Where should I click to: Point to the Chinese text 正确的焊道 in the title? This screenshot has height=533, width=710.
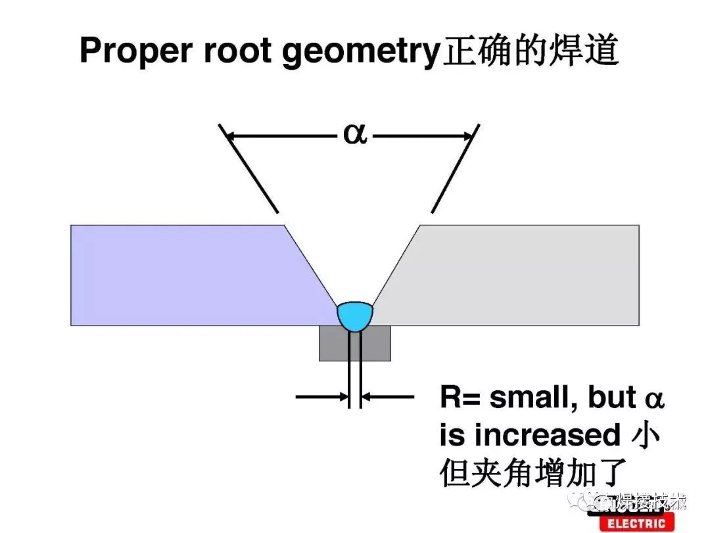[x=531, y=51]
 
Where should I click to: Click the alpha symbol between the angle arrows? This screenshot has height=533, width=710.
[x=355, y=136]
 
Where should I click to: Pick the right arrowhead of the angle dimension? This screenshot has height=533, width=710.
[x=468, y=137]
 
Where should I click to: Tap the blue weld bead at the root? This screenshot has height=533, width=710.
[x=355, y=315]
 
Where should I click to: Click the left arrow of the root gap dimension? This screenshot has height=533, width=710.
[x=322, y=397]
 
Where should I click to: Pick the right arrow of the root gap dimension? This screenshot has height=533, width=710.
[x=388, y=397]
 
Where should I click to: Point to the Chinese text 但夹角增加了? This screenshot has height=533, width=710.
[x=532, y=472]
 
